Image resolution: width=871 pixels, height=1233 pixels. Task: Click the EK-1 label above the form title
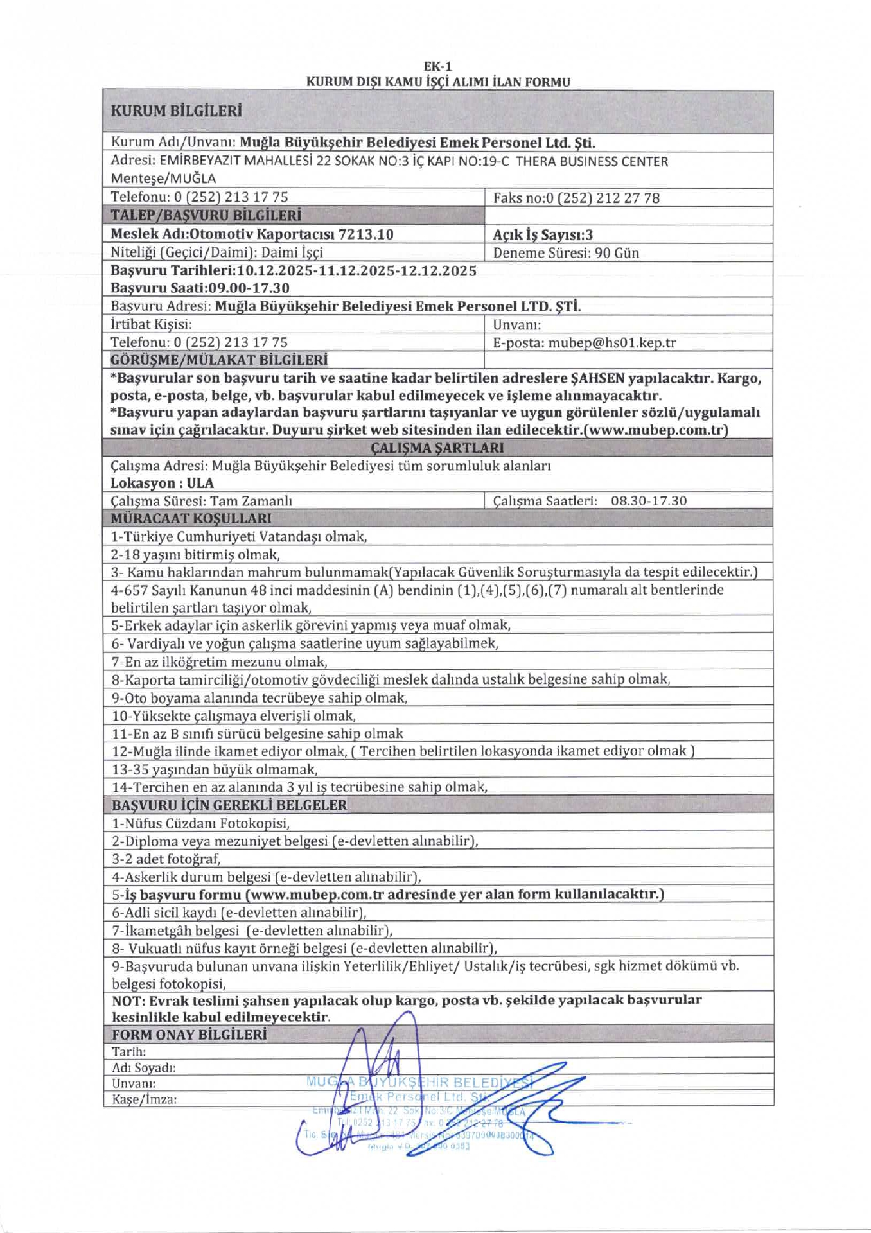click(437, 66)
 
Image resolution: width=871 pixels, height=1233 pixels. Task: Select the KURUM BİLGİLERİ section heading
click(176, 110)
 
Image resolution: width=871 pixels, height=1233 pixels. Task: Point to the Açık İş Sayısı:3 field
click(542, 234)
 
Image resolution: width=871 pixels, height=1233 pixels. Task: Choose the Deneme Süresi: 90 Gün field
click(565, 252)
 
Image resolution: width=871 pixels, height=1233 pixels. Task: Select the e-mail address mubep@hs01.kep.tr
click(611, 342)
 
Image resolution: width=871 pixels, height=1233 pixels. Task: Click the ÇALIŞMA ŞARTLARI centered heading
click(437, 448)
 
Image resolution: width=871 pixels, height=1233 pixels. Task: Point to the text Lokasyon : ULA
click(162, 483)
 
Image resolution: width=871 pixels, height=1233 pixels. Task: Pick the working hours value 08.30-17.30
click(648, 500)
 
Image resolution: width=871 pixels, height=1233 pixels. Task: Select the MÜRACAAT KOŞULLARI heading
click(191, 518)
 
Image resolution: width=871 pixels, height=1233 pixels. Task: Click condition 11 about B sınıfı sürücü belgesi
click(258, 733)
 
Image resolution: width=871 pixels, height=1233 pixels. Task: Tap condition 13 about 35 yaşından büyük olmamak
click(215, 769)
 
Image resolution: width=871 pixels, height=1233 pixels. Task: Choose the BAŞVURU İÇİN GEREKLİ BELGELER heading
click(229, 805)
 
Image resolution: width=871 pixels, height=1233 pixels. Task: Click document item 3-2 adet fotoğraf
click(166, 859)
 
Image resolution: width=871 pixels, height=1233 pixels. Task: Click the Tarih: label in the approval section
click(128, 1052)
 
